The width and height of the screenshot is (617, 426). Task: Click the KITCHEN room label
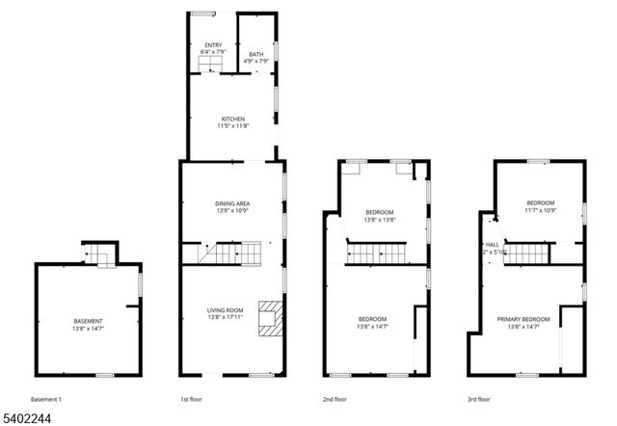point(232,119)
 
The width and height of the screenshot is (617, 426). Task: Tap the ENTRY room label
point(212,45)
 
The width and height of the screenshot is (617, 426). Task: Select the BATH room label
point(255,54)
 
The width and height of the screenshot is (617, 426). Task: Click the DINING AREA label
point(232,202)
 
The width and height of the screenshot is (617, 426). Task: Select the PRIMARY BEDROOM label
point(523,319)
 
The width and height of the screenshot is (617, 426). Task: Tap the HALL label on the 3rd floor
point(492,245)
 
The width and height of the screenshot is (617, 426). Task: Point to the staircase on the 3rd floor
point(524,253)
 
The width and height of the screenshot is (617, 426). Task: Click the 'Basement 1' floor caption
point(46,398)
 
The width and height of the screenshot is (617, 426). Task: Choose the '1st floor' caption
point(191,398)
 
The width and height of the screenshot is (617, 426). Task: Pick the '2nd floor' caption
point(335,398)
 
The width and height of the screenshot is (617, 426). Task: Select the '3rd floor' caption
point(478,398)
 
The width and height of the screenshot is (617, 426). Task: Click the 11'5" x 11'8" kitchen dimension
point(232,126)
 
